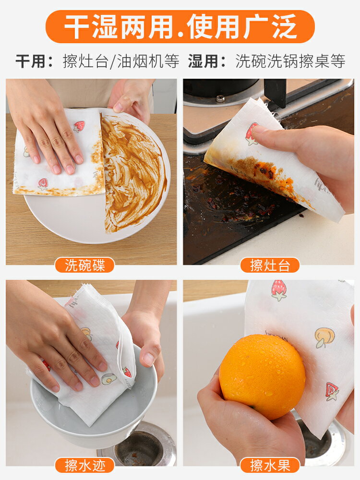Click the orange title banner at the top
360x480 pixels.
pos(180,27)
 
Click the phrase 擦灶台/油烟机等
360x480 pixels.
pos(121,61)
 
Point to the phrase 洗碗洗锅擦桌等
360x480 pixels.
pos(290,61)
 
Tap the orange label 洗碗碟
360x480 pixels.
pos(84,265)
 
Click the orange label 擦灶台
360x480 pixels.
pos(270,265)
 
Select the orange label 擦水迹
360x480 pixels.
pos(84,465)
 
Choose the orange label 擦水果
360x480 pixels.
pos(270,465)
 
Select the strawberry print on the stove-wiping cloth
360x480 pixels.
pos(251,133)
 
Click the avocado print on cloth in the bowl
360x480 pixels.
pos(108,379)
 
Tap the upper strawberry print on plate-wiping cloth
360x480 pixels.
pos(79,126)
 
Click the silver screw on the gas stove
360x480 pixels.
pos(220,98)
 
